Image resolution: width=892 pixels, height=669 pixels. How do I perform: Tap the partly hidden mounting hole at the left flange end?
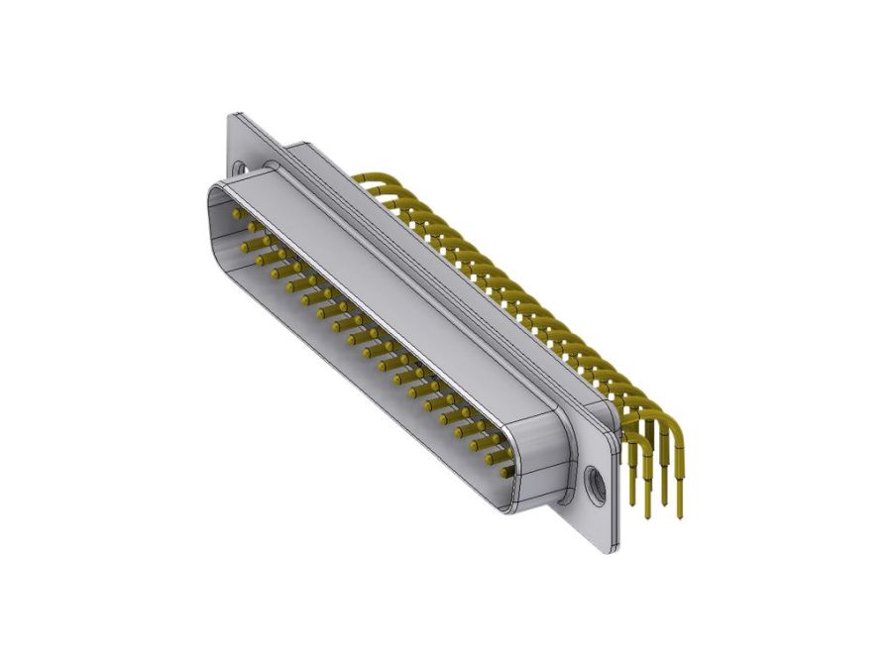click(240, 167)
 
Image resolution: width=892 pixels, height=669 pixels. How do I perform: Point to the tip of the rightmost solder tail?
click(681, 515)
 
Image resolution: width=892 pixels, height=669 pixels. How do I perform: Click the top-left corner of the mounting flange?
click(233, 116)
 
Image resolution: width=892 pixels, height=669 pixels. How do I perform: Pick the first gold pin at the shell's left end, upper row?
click(236, 213)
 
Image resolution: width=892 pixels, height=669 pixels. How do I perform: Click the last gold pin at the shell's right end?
click(506, 473)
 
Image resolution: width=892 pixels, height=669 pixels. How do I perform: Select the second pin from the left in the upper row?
click(253, 227)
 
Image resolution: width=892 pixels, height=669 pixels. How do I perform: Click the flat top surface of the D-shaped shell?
click(396, 287)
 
